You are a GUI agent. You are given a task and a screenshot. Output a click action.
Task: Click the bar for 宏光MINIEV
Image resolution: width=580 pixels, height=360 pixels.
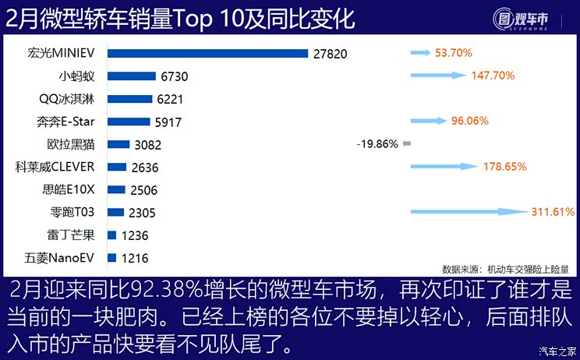tap(207, 54)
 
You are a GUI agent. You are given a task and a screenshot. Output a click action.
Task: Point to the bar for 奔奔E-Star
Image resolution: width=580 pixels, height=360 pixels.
tap(129, 122)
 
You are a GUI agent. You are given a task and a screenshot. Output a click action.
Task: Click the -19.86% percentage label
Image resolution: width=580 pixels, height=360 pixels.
tap(377, 144)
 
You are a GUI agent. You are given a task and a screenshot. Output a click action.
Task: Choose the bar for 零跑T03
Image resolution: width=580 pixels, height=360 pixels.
tap(115, 212)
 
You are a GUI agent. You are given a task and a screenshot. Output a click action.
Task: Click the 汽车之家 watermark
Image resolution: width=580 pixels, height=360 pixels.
tap(558, 351)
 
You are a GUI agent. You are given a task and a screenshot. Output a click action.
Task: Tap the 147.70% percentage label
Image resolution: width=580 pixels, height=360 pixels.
tap(493, 76)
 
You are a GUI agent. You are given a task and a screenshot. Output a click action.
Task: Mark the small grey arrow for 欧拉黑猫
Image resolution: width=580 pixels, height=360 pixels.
tap(406, 144)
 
